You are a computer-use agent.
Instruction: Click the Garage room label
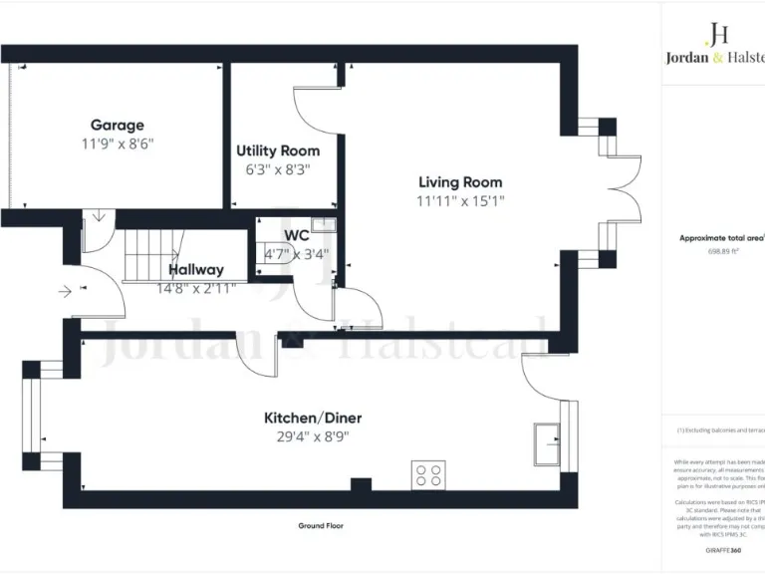tap(118, 126)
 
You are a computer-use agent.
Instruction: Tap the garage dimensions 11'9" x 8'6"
tap(118, 143)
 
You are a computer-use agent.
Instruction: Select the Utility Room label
tap(278, 150)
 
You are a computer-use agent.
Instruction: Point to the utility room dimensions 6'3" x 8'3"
tap(278, 168)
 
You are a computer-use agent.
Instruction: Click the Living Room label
tap(460, 182)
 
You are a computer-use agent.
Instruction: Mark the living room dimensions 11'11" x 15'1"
tap(460, 200)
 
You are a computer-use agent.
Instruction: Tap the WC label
tap(297, 236)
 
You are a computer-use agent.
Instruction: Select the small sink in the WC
tap(324, 225)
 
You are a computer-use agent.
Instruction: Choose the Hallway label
tap(195, 269)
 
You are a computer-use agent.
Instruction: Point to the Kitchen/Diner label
tap(306, 418)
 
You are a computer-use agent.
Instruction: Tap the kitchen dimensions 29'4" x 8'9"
tap(306, 435)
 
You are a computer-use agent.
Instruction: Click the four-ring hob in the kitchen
tap(428, 475)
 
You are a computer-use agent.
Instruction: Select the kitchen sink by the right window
tap(547, 442)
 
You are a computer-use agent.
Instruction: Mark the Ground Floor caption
tap(321, 525)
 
